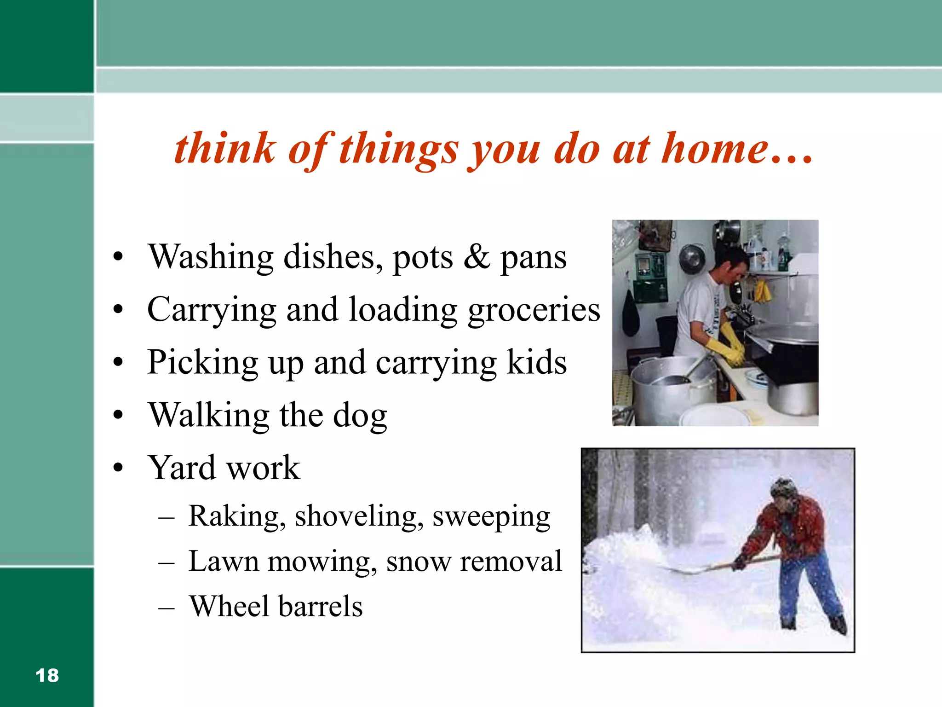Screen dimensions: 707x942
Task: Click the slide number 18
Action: [x=47, y=676]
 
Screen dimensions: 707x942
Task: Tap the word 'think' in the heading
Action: [x=224, y=148]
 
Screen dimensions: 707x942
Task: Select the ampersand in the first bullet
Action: [x=477, y=257]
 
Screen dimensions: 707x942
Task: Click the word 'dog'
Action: [x=360, y=416]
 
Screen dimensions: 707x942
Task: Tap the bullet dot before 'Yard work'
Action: [x=118, y=468]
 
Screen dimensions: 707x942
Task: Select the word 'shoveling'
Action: [x=359, y=517]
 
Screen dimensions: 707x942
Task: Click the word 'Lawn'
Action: [x=224, y=562]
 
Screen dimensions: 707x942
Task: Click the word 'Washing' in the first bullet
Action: [x=211, y=257]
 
